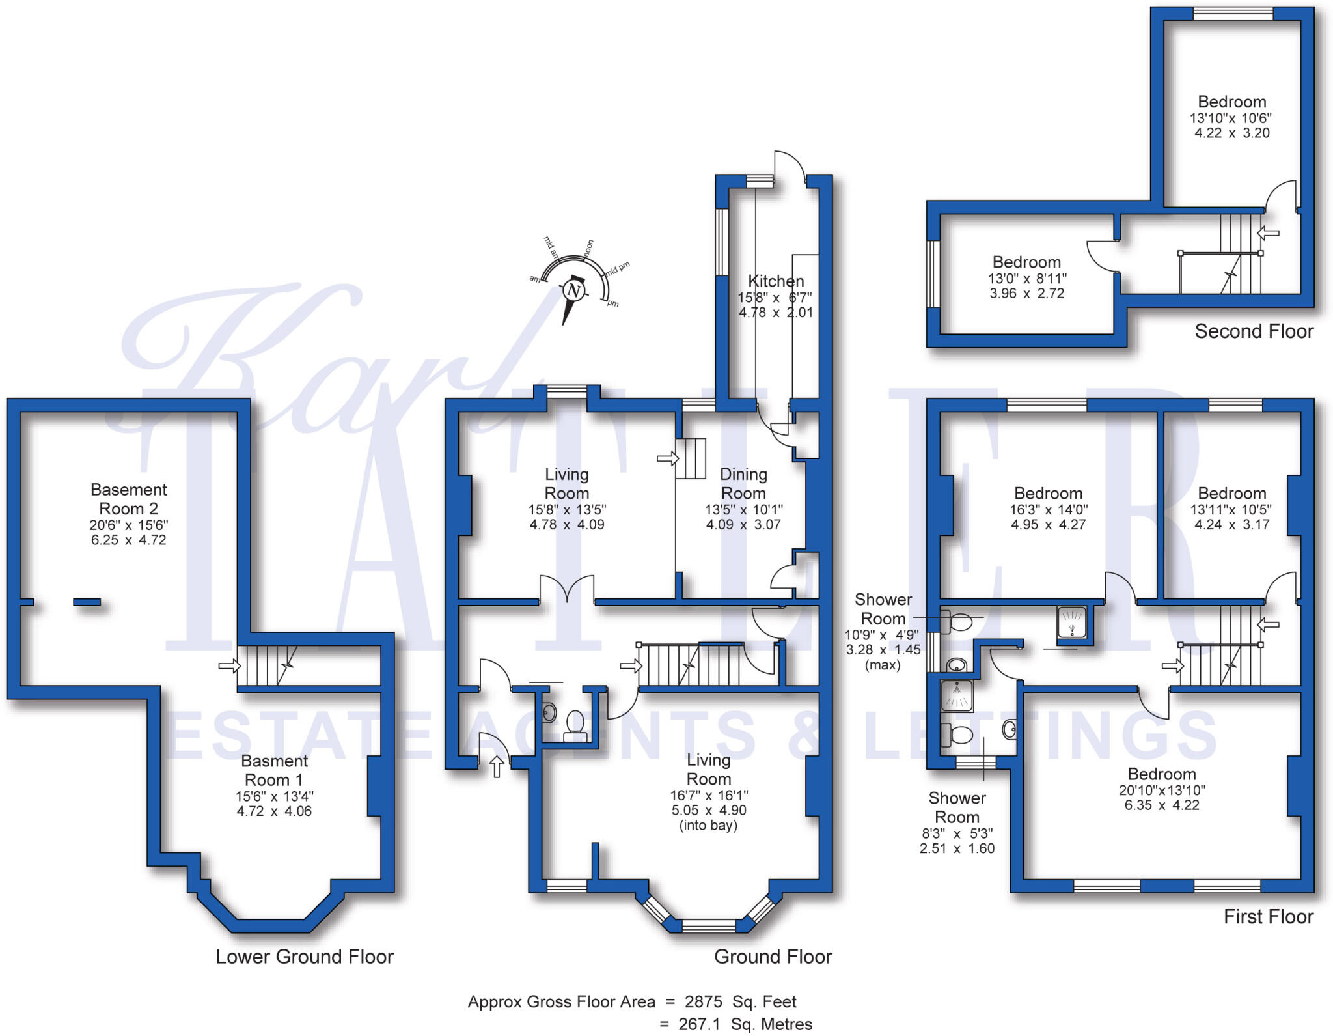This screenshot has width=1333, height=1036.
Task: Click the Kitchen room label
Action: tap(775, 281)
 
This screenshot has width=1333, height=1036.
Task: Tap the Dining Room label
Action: tap(743, 484)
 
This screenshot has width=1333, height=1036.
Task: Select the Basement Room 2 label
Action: tap(128, 499)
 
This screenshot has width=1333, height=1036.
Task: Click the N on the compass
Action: tap(573, 290)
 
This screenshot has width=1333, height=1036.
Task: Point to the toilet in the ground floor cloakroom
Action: tap(575, 722)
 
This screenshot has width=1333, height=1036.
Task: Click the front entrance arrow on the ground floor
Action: tap(497, 766)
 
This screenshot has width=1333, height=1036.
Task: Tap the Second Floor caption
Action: tap(1254, 331)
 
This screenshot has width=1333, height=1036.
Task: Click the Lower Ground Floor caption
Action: tap(305, 957)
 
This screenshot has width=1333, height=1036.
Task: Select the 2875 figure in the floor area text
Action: tap(703, 1001)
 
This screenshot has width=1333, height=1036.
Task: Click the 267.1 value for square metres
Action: tap(699, 1024)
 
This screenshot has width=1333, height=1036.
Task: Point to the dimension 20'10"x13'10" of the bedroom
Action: tap(1162, 791)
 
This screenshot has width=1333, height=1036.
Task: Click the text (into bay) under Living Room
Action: tap(708, 826)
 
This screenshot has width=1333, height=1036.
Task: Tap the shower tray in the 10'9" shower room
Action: tap(1071, 622)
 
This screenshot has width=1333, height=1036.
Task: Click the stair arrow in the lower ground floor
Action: tap(228, 665)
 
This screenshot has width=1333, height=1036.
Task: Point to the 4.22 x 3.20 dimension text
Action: tap(1231, 133)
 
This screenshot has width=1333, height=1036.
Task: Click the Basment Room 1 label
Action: tap(274, 770)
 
